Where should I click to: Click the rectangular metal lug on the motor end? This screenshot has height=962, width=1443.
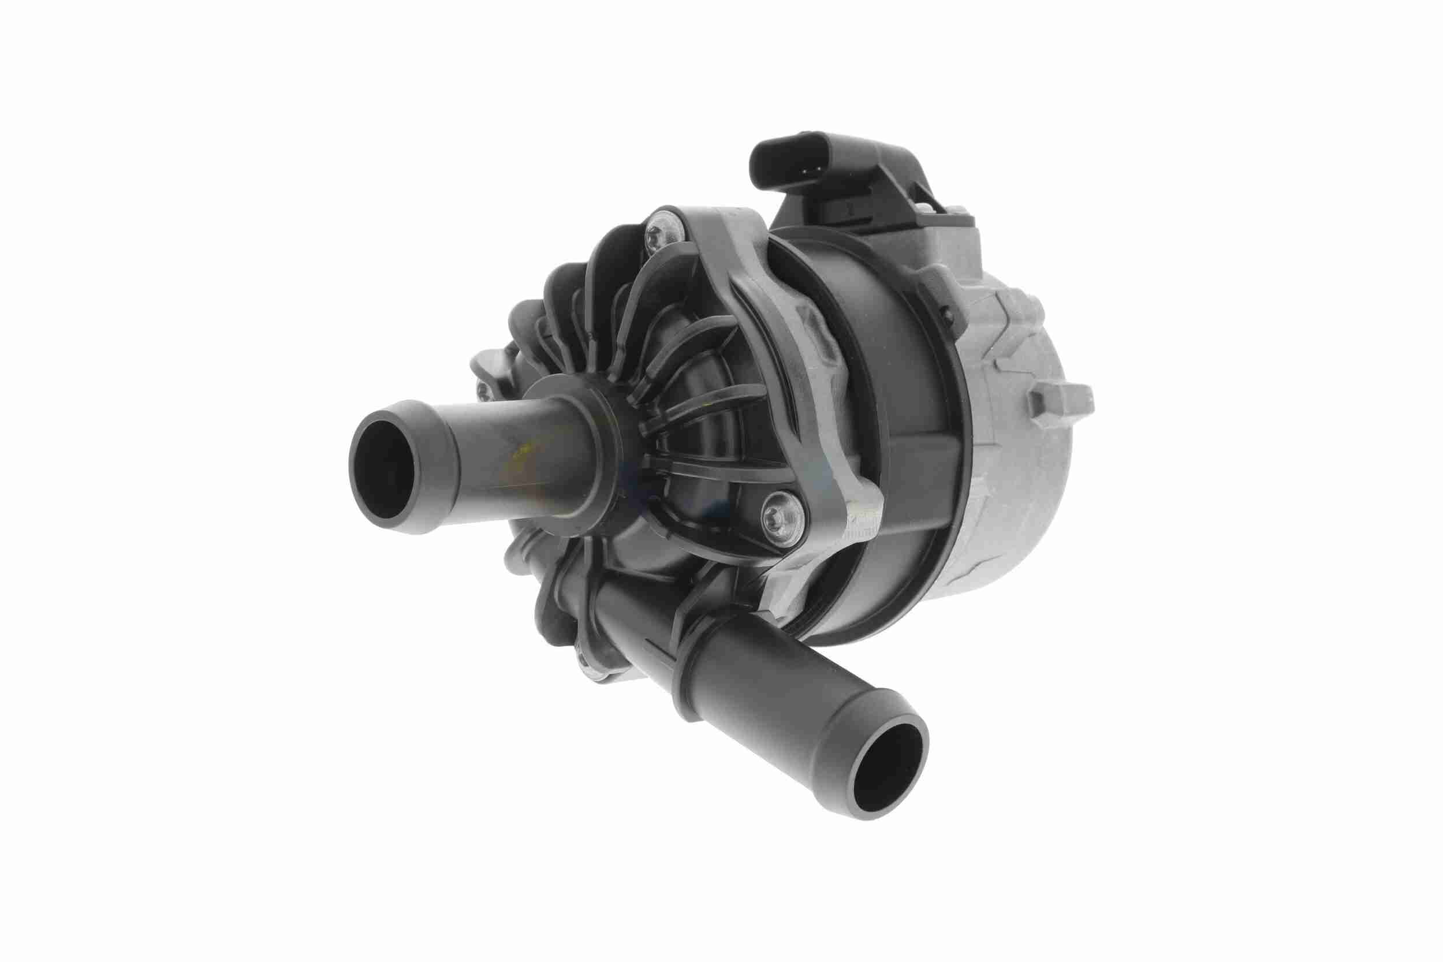(x=1059, y=400)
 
